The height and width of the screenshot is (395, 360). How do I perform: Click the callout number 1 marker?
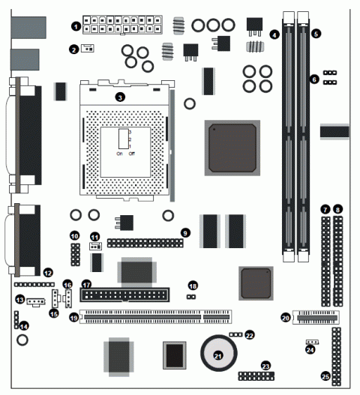tap(75, 26)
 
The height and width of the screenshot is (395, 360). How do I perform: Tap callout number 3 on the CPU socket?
tap(119, 97)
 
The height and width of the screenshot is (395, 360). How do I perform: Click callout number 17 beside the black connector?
tap(85, 285)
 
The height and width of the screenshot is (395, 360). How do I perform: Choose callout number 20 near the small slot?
tap(285, 317)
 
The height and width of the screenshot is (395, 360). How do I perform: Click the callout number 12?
tap(48, 272)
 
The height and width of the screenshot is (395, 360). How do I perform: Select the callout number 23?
tap(265, 365)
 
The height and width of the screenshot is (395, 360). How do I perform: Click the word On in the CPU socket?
tap(119, 154)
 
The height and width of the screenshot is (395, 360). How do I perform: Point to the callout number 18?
tap(193, 286)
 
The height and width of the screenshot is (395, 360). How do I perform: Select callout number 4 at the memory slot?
tap(275, 34)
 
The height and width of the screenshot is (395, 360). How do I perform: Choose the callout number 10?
tap(74, 236)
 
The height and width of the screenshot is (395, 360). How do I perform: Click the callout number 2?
tap(73, 49)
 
